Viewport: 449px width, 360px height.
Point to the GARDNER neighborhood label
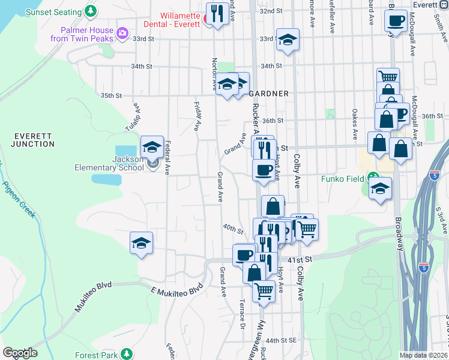point(269,94)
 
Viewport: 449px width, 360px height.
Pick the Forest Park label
point(96,355)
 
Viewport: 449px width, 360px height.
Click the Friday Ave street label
point(197,116)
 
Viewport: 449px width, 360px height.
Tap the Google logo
point(20,353)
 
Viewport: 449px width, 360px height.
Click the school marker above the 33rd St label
point(288,40)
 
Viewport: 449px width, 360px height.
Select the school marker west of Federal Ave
point(141,242)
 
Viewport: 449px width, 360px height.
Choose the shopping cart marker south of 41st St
point(264,291)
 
